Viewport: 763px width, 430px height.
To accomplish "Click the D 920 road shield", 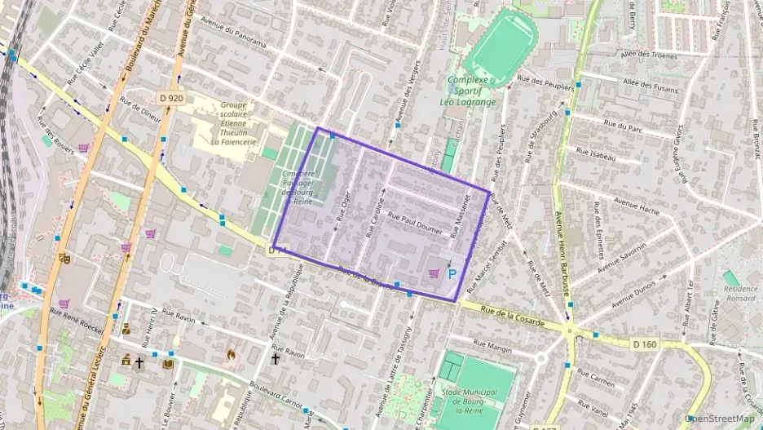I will click(171, 98).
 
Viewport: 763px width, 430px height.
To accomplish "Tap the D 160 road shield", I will click(645, 344).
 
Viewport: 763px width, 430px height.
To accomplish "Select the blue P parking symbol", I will click(452, 274).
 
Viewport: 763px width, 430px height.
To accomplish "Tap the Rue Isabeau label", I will click(595, 152).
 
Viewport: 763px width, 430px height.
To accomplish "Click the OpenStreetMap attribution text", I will click(720, 419).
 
